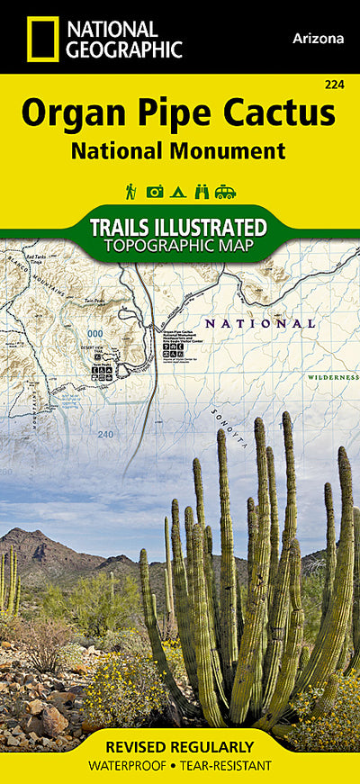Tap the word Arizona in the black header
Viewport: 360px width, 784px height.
pos(318,39)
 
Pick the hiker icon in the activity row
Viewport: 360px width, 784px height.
pos(131,191)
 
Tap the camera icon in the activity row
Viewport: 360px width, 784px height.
pos(155,191)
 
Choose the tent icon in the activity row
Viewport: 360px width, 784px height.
pos(178,191)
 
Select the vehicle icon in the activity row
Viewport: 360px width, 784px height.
pos(225,191)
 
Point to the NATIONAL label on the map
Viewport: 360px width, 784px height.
pos(259,323)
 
